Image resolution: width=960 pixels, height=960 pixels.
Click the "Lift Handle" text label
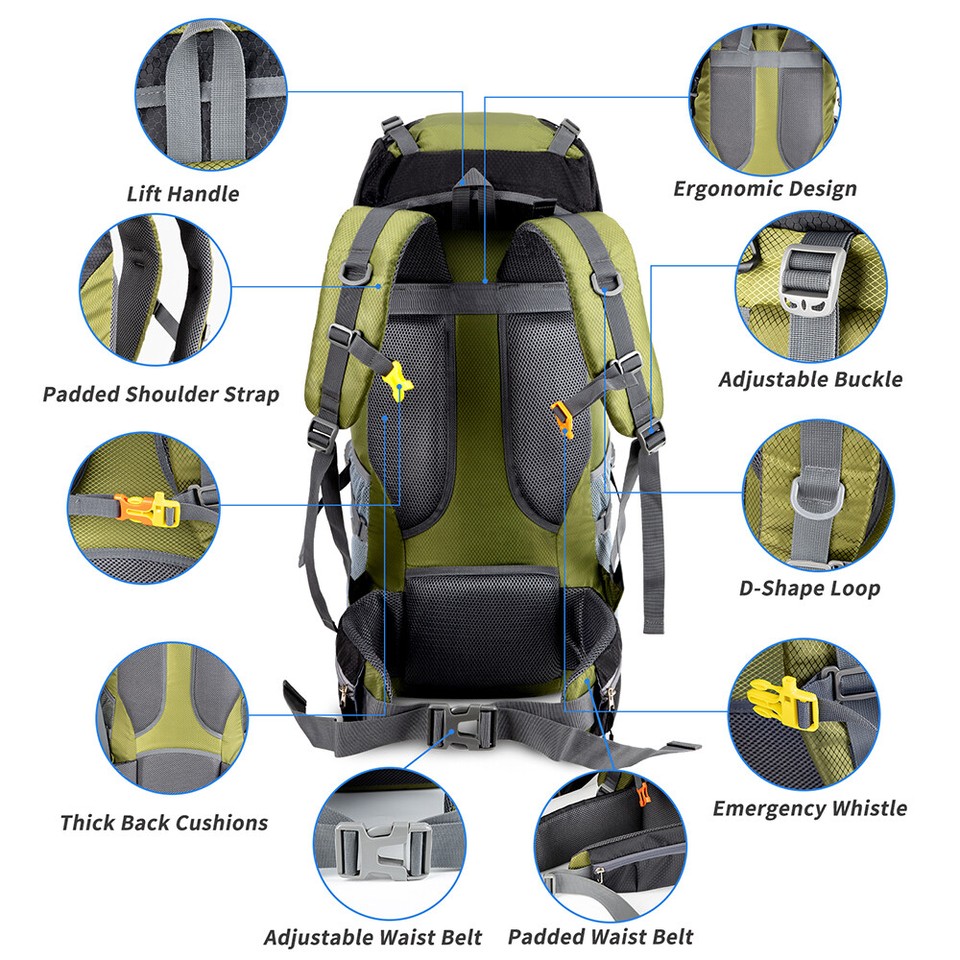(183, 193)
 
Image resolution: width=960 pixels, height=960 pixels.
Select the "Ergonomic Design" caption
(764, 188)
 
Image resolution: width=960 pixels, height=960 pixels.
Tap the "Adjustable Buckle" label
(810, 379)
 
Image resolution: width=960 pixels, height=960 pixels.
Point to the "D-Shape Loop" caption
(810, 587)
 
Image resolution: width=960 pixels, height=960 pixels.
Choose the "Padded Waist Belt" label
(600, 937)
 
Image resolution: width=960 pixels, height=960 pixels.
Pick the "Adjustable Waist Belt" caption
(373, 938)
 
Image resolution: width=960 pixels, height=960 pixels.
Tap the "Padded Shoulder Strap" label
(161, 394)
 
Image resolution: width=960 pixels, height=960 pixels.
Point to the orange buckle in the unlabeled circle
(140, 508)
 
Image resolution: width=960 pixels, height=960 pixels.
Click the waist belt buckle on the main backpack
(461, 723)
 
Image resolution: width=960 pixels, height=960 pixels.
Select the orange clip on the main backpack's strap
(562, 417)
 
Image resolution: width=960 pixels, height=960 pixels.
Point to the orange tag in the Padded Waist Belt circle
(643, 797)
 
